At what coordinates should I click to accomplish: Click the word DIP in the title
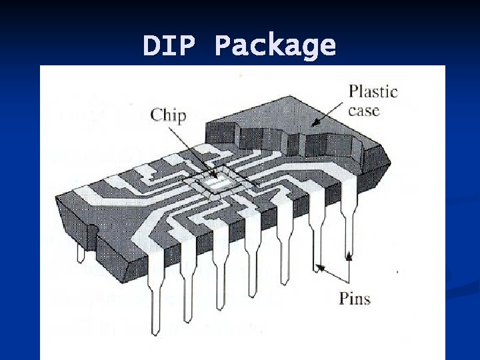(x=169, y=46)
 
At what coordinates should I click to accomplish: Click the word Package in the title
(x=275, y=46)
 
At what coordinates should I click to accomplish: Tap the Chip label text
(x=169, y=115)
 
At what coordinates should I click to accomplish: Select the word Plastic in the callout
(x=373, y=91)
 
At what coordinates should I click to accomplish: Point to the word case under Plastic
(x=364, y=110)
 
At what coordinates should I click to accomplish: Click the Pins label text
(x=354, y=297)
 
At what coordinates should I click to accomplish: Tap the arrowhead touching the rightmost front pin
(x=349, y=254)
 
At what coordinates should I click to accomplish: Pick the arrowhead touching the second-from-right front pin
(x=321, y=267)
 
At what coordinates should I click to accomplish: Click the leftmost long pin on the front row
(x=157, y=293)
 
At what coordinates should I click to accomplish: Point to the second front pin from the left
(x=189, y=287)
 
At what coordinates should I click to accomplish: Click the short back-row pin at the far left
(x=81, y=254)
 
